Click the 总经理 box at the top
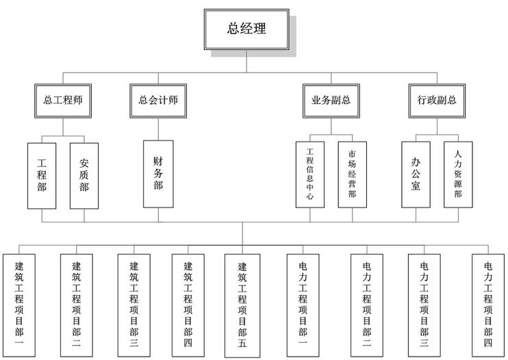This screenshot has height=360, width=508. pos(246,29)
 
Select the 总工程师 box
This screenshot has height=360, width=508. pos(63,101)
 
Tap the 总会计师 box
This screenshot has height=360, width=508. pos(158,101)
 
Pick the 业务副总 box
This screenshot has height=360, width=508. pos(331,101)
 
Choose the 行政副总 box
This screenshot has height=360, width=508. pos(437,101)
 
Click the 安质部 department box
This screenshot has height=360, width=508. pos(84,176)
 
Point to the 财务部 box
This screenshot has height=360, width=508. pos(158,174)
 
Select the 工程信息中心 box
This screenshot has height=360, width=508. pos(310,175)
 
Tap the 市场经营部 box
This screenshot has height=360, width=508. pos(353,175)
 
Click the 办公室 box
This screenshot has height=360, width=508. pos(416,175)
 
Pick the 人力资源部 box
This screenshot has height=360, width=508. pos(458,175)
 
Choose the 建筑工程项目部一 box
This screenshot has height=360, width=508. pos(19,305)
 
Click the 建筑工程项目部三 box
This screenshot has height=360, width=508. pos(134,305)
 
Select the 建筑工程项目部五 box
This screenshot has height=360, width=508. pos(242,306)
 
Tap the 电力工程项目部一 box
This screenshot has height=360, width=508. pos(303,305)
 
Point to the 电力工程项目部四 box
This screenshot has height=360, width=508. pos(488,305)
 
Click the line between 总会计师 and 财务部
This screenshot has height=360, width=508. pos(158,129)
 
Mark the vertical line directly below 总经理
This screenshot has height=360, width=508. pos(246,61)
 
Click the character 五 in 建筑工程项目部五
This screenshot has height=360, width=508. pos(242,343)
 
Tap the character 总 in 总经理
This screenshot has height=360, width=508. pos(233,28)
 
